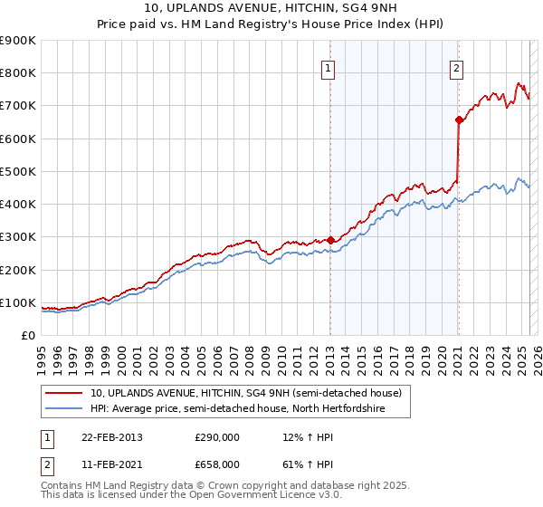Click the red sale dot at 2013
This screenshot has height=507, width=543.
pos(330,240)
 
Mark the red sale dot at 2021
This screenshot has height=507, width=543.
pos(458,120)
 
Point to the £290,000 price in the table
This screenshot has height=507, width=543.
pos(217,437)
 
